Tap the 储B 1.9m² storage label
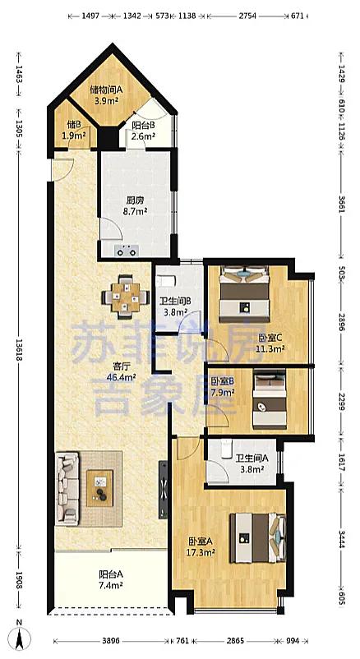[74, 131]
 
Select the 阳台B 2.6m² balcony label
[143, 131]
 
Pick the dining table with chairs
[126, 296]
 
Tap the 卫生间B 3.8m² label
[175, 306]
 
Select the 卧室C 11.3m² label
[271, 343]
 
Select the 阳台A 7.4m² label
[111, 580]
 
